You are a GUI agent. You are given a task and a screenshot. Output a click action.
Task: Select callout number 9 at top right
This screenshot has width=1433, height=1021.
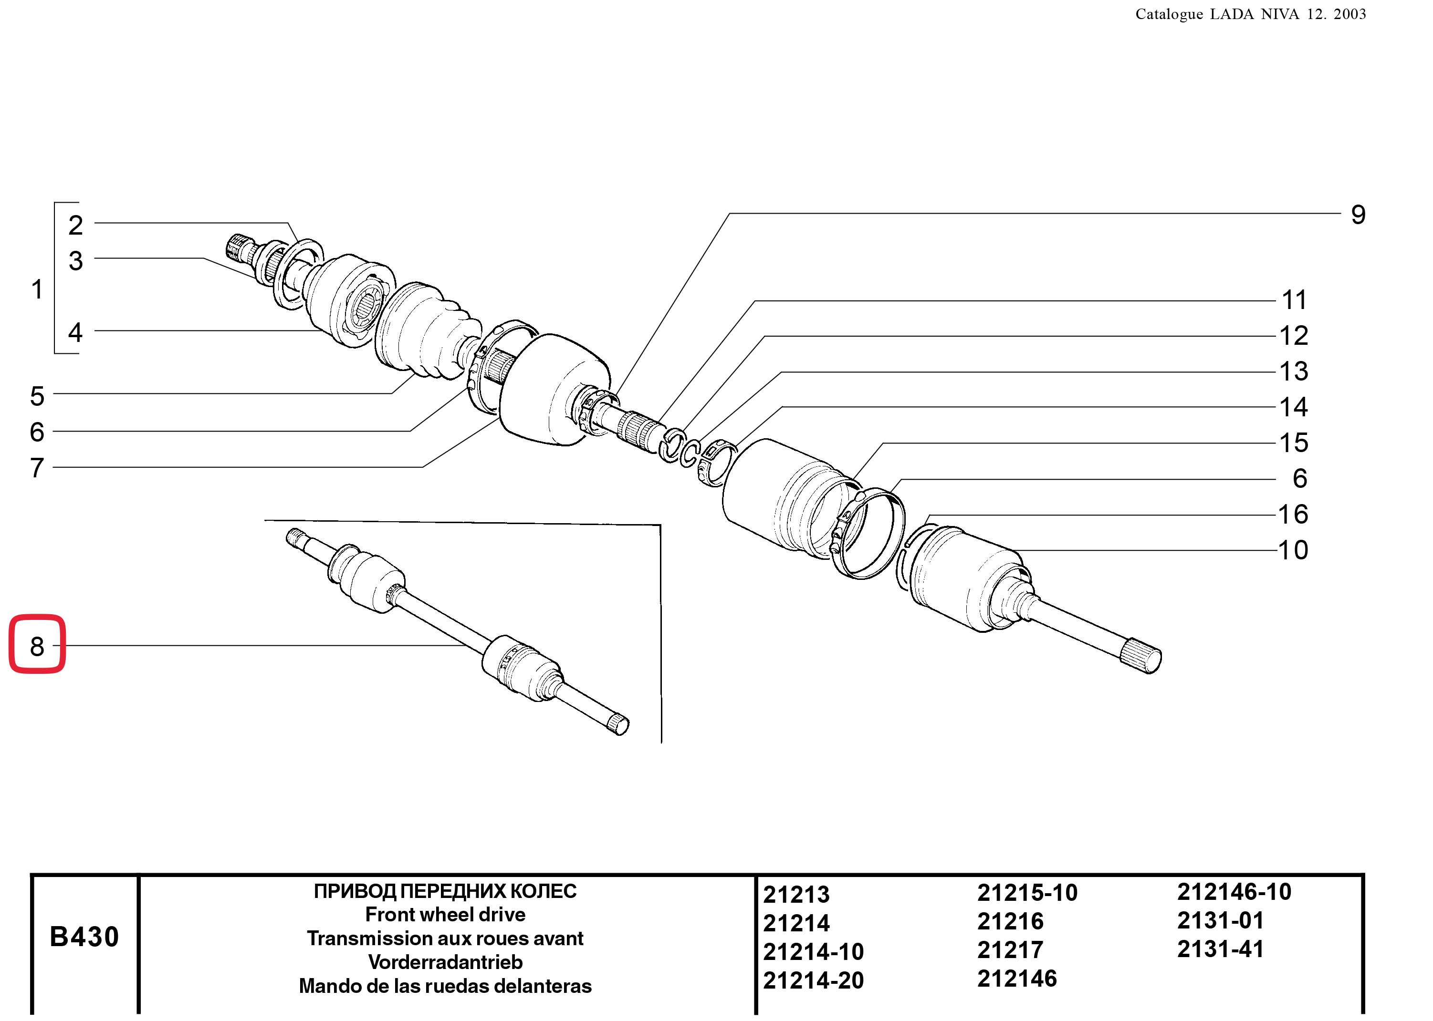1358,215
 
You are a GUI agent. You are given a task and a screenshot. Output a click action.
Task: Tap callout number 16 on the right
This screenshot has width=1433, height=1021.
1293,514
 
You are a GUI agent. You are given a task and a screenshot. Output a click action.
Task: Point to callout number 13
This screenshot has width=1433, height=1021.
1293,371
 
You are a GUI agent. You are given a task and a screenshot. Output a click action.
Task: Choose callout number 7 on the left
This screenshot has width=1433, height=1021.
37,468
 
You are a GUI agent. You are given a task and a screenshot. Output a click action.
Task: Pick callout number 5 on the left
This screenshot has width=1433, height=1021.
37,396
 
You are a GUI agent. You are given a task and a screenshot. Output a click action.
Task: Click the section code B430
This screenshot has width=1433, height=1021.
84,937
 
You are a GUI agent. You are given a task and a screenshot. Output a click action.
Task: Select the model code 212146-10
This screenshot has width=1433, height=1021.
1234,891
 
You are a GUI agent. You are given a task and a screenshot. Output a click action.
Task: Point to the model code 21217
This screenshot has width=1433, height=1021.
1010,949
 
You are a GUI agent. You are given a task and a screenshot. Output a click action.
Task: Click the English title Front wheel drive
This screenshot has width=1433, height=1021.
445,914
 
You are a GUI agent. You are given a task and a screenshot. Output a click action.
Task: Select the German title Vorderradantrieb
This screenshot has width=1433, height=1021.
445,962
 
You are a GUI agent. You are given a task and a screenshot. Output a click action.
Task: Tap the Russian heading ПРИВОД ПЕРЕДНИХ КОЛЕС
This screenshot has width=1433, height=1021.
445,891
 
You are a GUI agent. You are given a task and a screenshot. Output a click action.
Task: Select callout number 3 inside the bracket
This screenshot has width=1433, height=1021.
75,261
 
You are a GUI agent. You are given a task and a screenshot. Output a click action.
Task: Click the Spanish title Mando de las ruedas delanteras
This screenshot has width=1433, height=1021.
445,986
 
